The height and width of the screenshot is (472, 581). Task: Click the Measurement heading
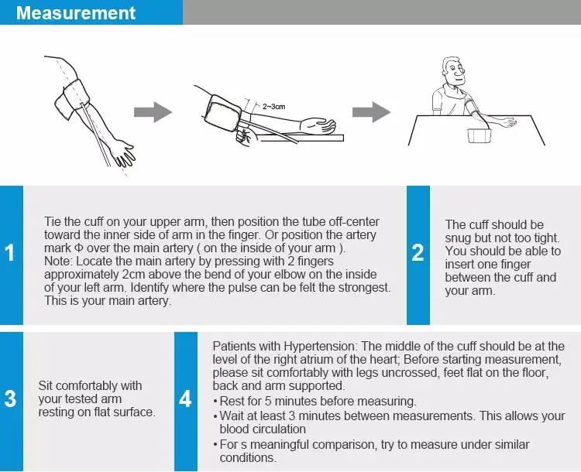tap(76, 12)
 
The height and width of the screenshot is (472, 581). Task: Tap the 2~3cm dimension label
tap(273, 107)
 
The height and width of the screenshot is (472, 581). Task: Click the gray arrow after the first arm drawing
tap(153, 111)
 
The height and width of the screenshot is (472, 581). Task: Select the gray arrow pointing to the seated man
tap(371, 111)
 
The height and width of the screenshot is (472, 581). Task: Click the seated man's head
tap(454, 71)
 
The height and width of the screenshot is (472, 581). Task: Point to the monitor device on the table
tap(480, 135)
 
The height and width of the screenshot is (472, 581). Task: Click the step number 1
tap(9, 253)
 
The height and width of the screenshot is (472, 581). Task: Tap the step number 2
tap(418, 253)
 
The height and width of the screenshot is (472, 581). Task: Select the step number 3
tap(10, 399)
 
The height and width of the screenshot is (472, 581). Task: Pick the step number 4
tap(185, 399)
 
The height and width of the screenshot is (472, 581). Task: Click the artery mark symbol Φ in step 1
tap(78, 248)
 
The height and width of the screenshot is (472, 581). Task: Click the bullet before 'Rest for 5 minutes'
tap(215, 402)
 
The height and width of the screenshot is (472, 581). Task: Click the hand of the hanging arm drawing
tap(125, 153)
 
